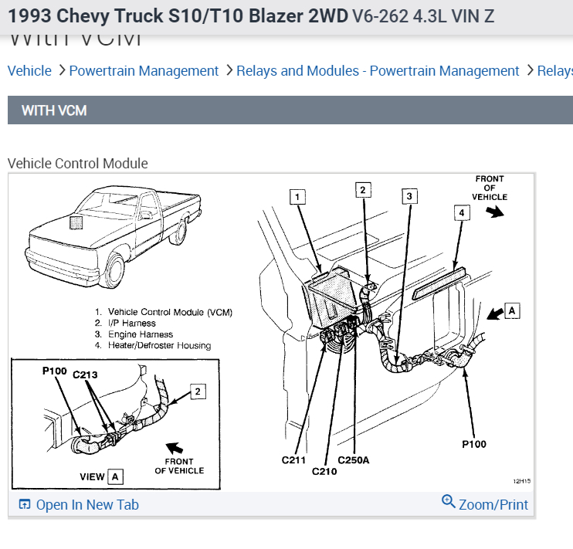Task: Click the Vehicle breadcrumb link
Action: (x=29, y=71)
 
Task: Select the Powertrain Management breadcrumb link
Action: (x=144, y=71)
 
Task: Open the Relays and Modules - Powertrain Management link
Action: (x=378, y=71)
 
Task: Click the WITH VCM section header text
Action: (x=54, y=110)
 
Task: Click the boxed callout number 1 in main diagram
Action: (x=298, y=197)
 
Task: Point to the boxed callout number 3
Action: (x=409, y=196)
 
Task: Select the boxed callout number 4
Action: (x=461, y=212)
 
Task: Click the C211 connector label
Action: (x=294, y=460)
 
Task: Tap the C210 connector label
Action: (x=324, y=470)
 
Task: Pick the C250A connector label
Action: (x=354, y=460)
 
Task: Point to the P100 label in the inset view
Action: (x=54, y=371)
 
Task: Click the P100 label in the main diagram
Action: (x=474, y=444)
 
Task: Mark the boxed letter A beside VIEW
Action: (x=115, y=476)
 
